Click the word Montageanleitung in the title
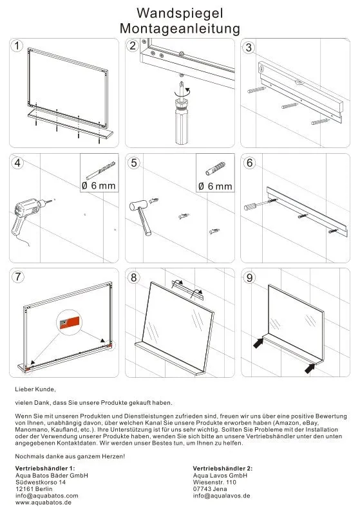coord(180,29)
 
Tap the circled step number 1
coord(17,46)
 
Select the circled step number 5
coord(134,163)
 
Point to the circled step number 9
coord(249,277)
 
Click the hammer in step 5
coord(141,216)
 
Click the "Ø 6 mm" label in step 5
coord(215,187)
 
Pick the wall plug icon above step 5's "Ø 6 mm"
coord(215,169)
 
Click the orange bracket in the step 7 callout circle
coord(70,322)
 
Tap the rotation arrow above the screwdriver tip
coord(182,91)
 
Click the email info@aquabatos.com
coord(47,496)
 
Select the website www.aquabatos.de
coord(43,503)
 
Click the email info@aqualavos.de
coord(222,496)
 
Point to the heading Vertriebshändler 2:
coord(223,469)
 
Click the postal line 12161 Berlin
coord(34,489)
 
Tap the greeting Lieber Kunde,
coord(35,389)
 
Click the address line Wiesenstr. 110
coord(214,482)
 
